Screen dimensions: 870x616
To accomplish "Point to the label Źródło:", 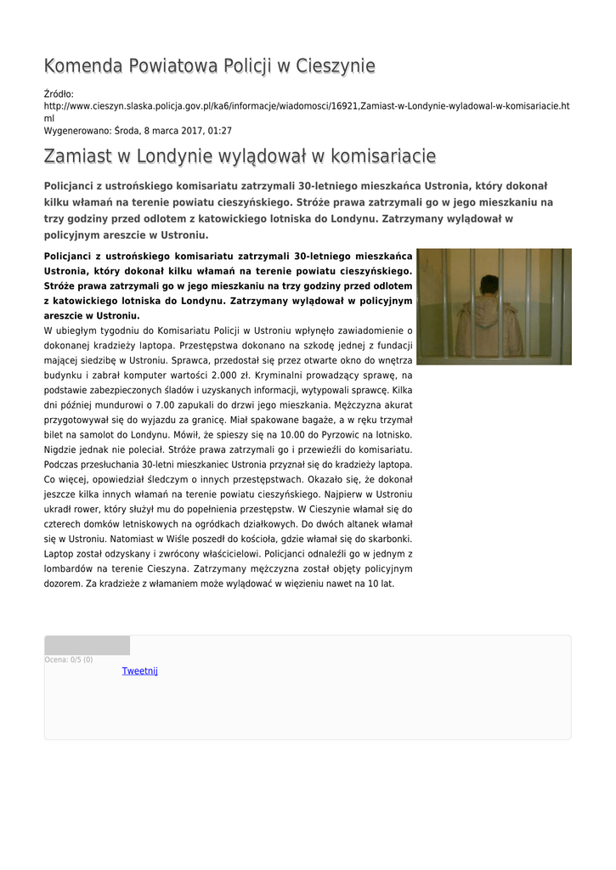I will [59, 93].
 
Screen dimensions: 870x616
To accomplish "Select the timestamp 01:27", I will [220, 131].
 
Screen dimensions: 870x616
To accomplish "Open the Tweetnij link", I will [140, 671].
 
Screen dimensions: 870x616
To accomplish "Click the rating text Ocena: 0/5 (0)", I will [69, 659].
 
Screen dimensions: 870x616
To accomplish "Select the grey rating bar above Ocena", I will [88, 646].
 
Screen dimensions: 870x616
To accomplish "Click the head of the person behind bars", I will [489, 286].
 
